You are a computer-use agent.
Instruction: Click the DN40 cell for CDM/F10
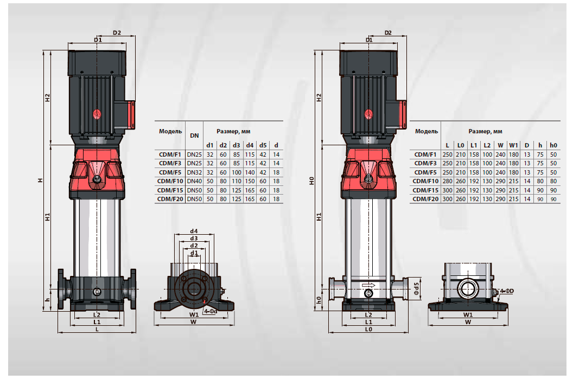click(194, 181)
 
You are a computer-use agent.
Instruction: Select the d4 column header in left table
click(250, 145)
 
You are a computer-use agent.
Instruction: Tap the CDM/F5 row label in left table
click(170, 172)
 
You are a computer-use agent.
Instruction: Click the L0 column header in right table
click(461, 145)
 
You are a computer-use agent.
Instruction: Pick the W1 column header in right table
click(513, 145)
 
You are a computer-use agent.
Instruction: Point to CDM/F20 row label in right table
click(425, 199)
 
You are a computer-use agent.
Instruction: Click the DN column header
click(194, 136)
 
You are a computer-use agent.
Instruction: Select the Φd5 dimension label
click(417, 288)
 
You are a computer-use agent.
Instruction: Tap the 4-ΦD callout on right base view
click(507, 291)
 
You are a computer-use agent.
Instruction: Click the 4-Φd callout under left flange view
click(211, 311)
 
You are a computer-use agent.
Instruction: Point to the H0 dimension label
click(311, 181)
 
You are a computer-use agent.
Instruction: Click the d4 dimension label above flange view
click(194, 231)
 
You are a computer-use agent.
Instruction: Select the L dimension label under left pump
click(97, 329)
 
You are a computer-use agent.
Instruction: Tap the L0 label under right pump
click(368, 329)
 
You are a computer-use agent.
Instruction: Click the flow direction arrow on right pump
click(368, 285)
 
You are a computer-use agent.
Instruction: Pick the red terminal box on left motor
click(131, 114)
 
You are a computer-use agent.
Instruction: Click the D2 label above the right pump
click(388, 33)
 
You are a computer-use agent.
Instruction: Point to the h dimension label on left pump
click(48, 300)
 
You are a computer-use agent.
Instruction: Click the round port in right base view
click(468, 289)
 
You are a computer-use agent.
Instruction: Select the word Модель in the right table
click(426, 131)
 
